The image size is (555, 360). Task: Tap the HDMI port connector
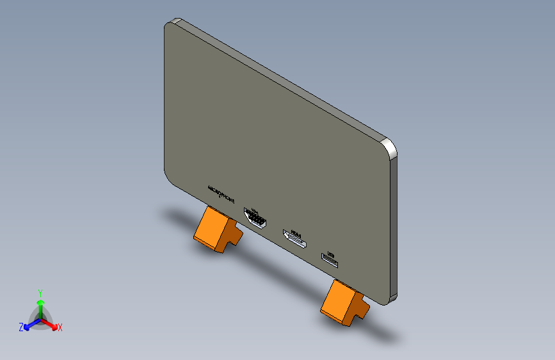click(x=295, y=240)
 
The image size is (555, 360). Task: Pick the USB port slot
click(x=330, y=262)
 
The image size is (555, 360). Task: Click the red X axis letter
click(x=60, y=328)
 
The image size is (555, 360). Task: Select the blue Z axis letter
click(x=21, y=327)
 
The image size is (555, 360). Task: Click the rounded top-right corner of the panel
click(x=390, y=147)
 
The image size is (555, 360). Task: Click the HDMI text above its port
click(x=296, y=232)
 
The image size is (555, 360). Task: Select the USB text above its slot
click(x=331, y=254)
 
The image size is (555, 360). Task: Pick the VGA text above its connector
click(x=255, y=209)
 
